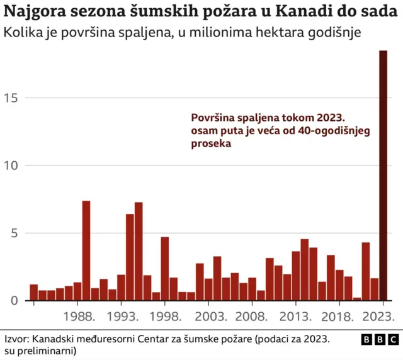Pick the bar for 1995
click(139, 251)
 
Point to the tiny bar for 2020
click(357, 299)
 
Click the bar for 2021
click(366, 271)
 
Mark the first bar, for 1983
click(33, 293)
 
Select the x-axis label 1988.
click(79, 315)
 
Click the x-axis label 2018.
click(340, 315)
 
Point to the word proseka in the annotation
click(211, 143)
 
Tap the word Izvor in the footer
click(18, 339)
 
